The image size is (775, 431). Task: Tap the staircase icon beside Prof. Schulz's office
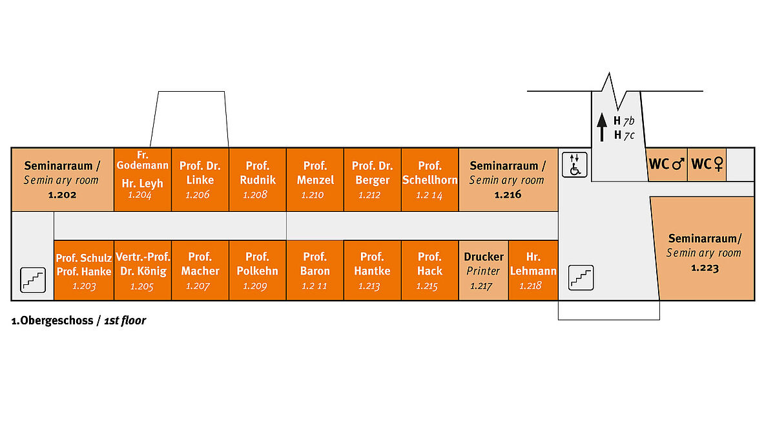33,279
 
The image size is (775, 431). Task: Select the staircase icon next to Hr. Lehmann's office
580,277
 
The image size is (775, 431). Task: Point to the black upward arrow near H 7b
601,127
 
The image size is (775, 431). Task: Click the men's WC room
666,164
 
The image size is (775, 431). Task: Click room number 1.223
704,268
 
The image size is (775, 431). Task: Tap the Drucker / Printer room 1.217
484,271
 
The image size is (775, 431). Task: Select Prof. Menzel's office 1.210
315,180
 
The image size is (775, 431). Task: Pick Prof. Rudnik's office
257,180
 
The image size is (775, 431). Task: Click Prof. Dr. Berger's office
372,180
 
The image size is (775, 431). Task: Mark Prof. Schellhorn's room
429,180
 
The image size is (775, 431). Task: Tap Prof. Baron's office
315,271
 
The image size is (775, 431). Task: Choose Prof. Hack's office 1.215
429,271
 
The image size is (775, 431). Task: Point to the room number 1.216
507,194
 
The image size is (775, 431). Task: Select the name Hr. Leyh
142,183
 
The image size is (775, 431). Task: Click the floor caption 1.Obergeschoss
53,321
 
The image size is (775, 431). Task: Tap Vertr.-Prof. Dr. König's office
143,271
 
